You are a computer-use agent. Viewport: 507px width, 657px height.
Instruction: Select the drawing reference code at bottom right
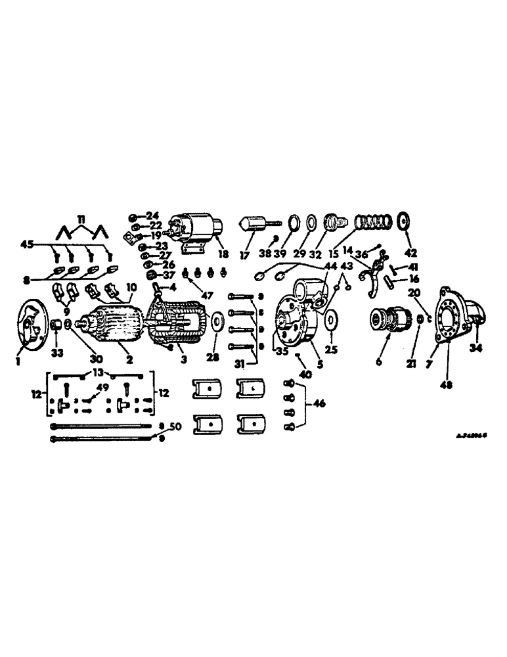coord(473,434)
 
